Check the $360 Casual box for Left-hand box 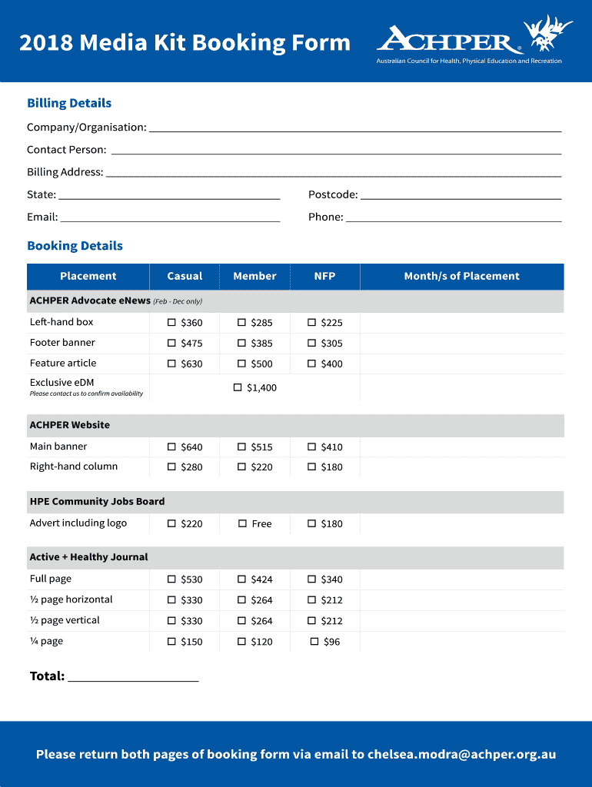point(171,323)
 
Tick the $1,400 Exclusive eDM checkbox point(238,387)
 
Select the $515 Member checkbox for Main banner point(241,447)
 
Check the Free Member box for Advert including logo point(241,523)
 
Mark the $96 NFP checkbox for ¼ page point(314,641)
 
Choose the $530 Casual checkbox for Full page point(171,579)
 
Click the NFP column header point(324,277)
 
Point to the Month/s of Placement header point(461,277)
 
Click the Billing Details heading point(69,103)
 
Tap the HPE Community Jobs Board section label point(97,502)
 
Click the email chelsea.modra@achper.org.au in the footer point(461,754)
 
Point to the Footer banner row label point(62,343)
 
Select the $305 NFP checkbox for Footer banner point(312,344)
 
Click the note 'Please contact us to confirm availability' point(86,393)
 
